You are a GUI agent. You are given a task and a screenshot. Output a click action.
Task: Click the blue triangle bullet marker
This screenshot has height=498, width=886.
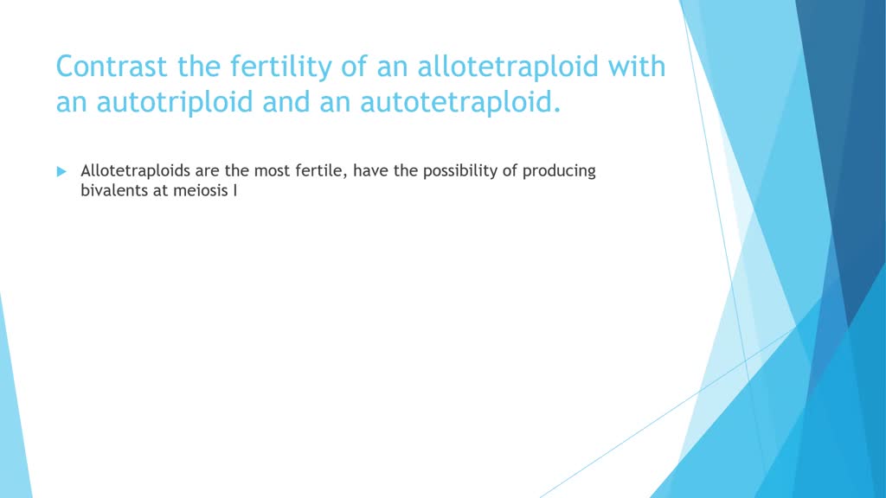click(x=61, y=171)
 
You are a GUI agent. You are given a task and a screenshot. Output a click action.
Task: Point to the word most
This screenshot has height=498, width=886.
click(x=272, y=170)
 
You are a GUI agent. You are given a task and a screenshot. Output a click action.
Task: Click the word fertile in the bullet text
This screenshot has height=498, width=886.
click(x=321, y=170)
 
